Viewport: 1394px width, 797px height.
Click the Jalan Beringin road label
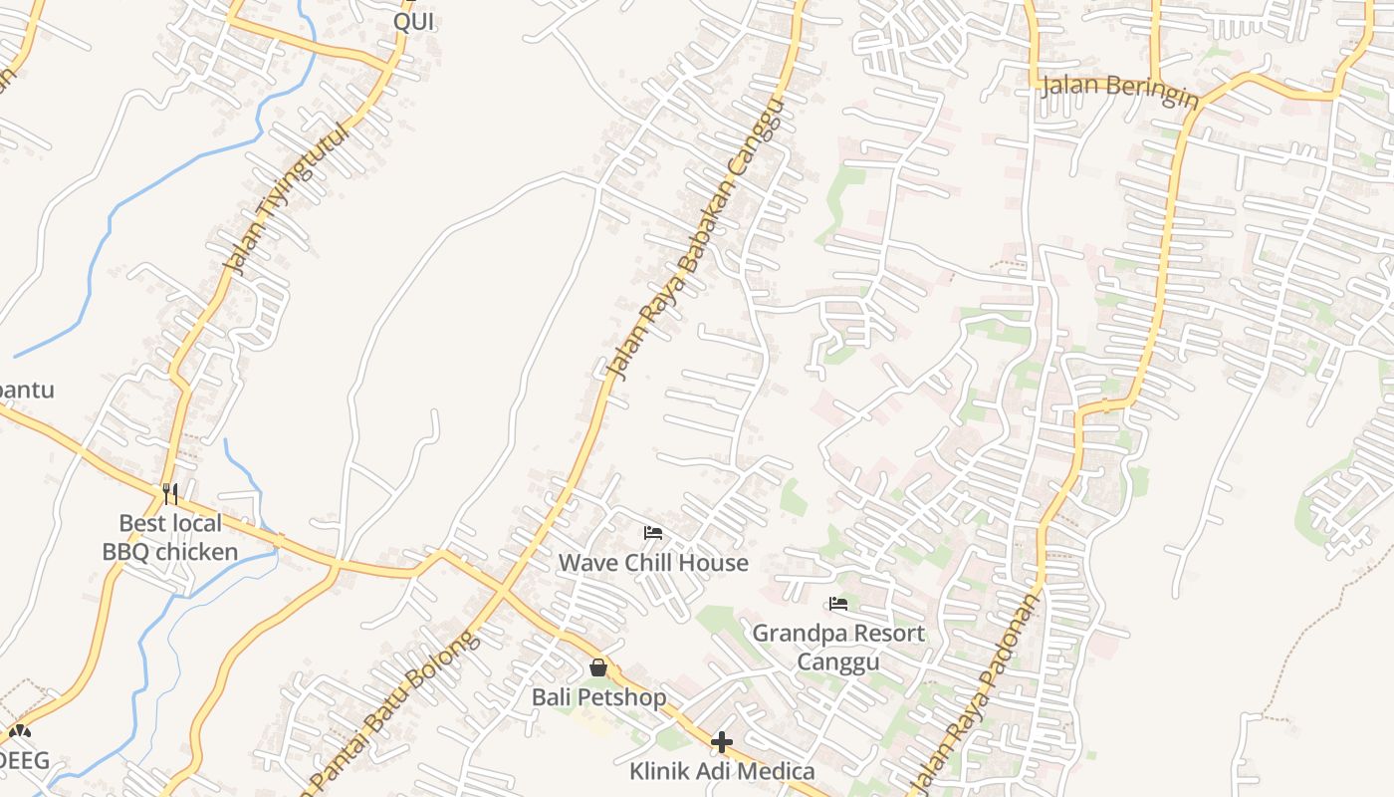click(x=1120, y=86)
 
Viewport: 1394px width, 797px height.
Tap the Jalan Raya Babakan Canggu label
click(x=695, y=240)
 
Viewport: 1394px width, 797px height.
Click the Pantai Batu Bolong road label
click(x=396, y=709)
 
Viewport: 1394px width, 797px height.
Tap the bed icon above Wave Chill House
click(x=653, y=533)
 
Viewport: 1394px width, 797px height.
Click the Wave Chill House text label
click(x=653, y=563)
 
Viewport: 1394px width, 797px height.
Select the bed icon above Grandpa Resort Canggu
click(x=838, y=604)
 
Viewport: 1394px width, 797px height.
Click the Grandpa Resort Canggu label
click(x=838, y=648)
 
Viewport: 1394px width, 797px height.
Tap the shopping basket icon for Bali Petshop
click(x=598, y=667)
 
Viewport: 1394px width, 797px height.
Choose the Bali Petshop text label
click(x=598, y=697)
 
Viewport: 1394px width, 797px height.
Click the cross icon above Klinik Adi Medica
click(x=722, y=742)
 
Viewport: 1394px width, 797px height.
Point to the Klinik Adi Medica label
click(x=722, y=771)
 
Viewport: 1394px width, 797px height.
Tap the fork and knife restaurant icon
click(x=170, y=493)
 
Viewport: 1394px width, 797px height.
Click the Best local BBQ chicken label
click(x=170, y=537)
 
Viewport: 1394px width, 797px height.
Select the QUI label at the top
click(x=413, y=22)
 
